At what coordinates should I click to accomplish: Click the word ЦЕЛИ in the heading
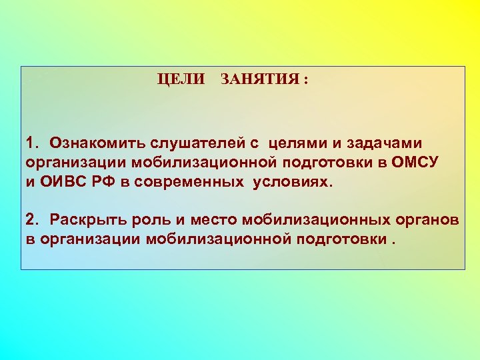coord(181,79)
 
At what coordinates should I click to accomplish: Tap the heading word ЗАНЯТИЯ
coord(258,79)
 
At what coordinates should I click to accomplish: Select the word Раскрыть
coord(88,219)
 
